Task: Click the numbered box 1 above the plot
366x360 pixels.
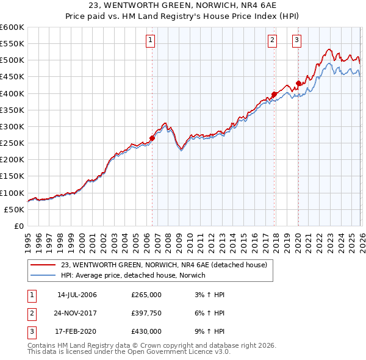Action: coord(150,41)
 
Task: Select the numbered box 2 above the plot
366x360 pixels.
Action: coord(272,41)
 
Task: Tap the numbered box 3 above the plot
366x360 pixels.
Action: coord(296,41)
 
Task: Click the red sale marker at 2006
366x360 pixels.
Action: coord(152,138)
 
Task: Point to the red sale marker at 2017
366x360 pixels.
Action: coord(274,94)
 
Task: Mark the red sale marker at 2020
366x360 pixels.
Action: coord(298,84)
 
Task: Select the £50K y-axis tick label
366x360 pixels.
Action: coord(14,209)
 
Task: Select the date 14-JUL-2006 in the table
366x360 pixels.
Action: coord(77,295)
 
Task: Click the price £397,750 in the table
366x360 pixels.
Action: coord(146,313)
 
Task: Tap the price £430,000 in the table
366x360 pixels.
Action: coord(146,331)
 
